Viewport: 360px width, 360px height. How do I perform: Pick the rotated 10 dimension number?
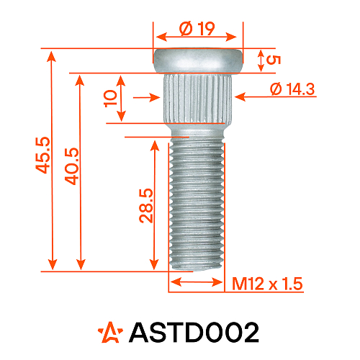110,99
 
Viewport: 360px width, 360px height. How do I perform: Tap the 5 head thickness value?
271,60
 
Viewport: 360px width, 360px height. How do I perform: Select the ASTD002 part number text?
193,333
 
